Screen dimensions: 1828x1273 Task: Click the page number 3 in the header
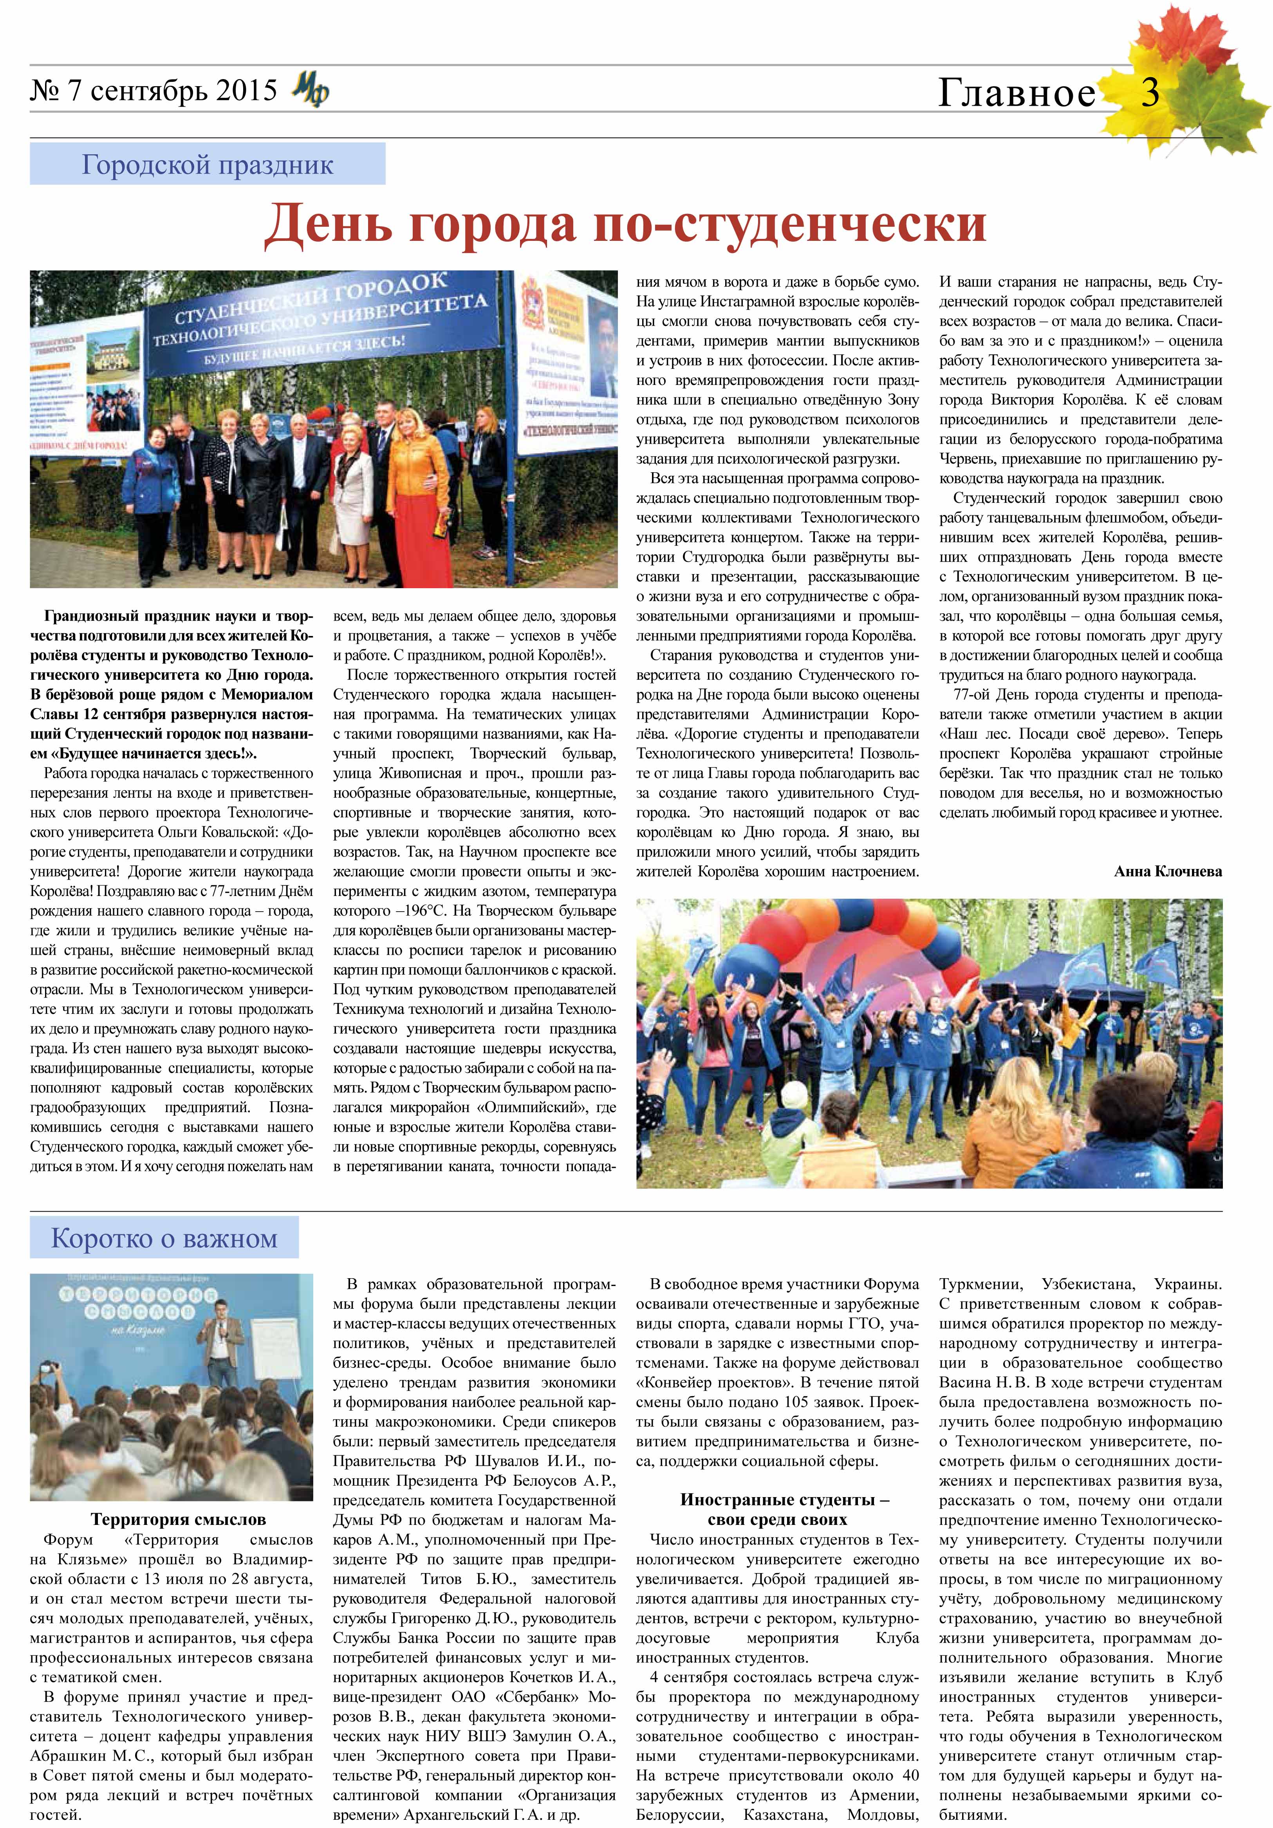[1150, 93]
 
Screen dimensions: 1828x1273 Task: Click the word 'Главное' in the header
[1017, 93]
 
